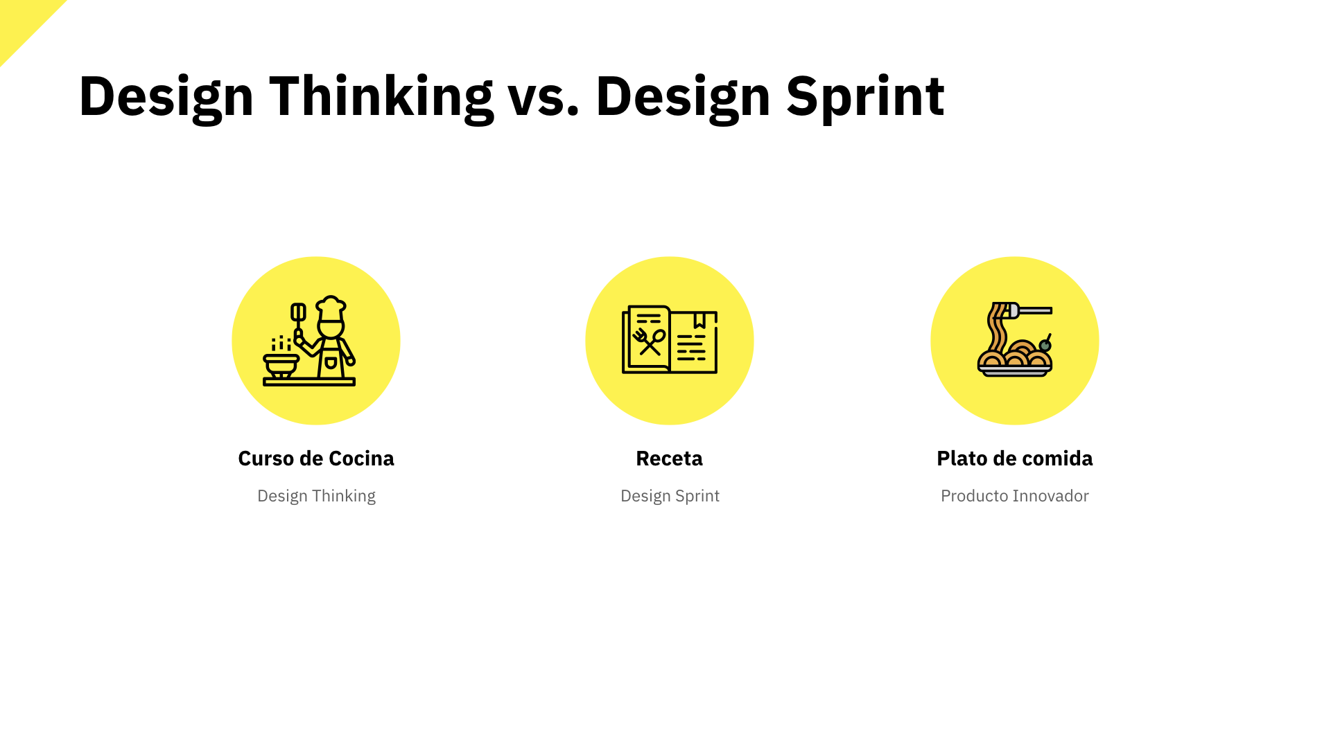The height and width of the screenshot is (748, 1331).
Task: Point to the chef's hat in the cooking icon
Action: (331, 308)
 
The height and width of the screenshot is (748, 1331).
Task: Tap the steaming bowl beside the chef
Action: (281, 364)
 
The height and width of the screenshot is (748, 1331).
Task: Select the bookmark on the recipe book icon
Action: (699, 319)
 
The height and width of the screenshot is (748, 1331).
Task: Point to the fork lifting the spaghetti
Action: (1029, 310)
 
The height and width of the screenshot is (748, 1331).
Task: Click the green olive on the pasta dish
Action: (1045, 345)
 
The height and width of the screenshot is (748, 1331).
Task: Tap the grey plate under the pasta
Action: (1014, 372)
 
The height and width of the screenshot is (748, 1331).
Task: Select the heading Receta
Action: (669, 458)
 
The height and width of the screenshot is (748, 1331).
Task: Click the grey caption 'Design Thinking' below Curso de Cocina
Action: (316, 496)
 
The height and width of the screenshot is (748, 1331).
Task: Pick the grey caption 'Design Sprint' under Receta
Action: (670, 496)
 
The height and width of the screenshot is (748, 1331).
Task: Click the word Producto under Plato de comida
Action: (974, 496)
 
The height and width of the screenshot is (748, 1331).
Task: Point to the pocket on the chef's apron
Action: (331, 363)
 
